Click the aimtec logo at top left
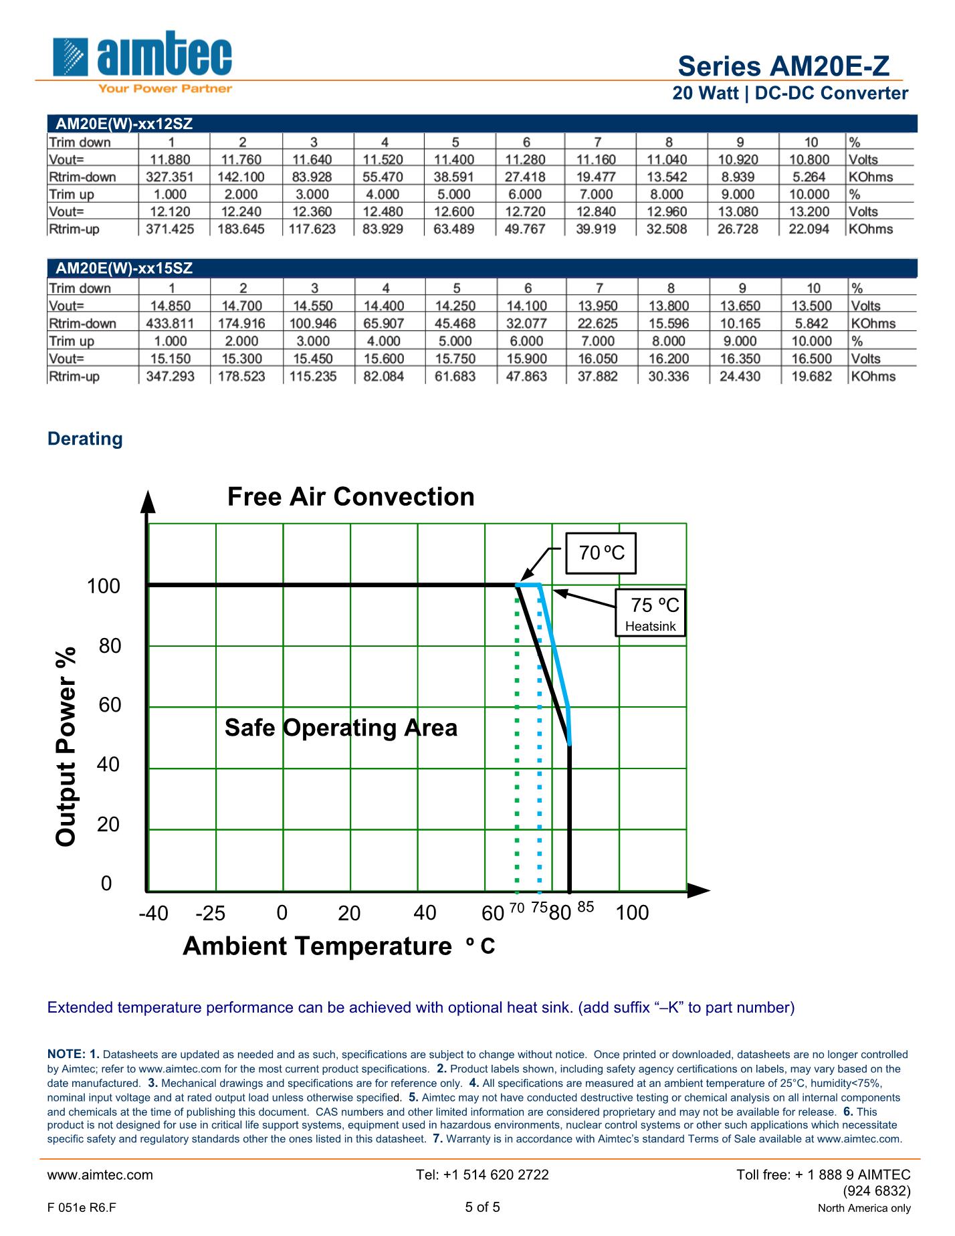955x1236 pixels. (142, 60)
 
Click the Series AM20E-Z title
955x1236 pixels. (783, 66)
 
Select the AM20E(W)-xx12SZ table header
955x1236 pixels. (124, 124)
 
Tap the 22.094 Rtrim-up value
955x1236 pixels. (809, 229)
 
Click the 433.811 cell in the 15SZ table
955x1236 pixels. (170, 324)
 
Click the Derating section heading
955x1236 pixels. (85, 439)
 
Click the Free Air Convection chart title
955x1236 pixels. (350, 497)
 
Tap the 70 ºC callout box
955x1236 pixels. (601, 553)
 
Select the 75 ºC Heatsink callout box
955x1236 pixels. (650, 613)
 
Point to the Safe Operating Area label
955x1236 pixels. (341, 728)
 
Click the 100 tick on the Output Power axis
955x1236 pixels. (104, 587)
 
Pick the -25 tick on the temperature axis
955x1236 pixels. (210, 914)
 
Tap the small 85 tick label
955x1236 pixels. (585, 908)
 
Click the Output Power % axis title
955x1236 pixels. (66, 746)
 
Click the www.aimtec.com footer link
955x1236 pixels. (100, 1174)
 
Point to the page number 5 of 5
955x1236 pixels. (482, 1207)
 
